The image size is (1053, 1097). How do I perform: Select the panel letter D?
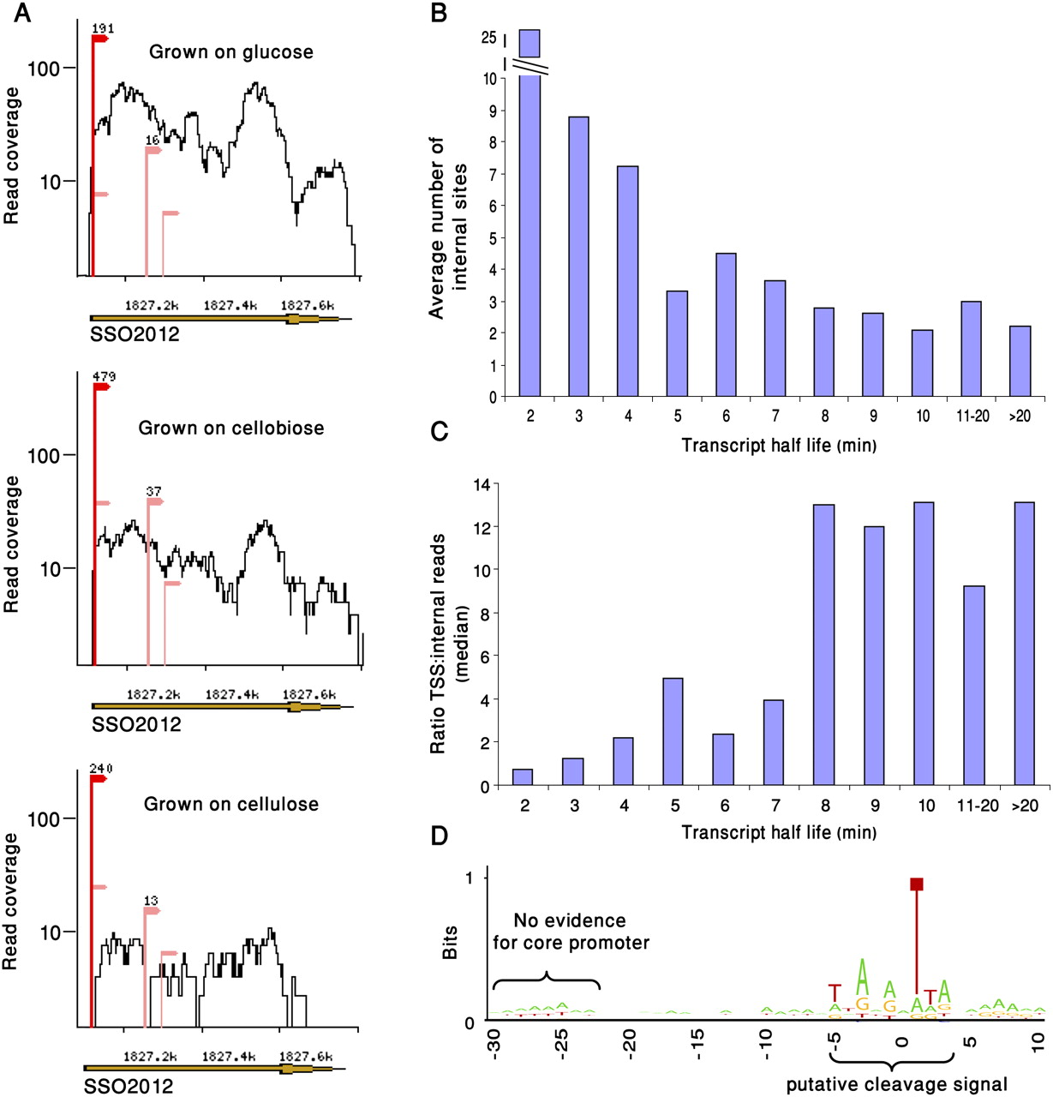pos(440,836)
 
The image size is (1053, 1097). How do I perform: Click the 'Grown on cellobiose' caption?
pos(231,428)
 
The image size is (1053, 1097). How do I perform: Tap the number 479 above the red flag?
pos(104,376)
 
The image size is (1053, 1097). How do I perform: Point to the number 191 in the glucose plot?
pos(103,28)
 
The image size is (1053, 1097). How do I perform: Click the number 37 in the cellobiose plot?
pos(153,491)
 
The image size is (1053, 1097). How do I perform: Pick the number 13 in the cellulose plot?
pos(151,901)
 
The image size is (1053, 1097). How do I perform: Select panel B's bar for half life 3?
pos(578,256)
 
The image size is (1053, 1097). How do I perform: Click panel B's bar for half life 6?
pos(726,325)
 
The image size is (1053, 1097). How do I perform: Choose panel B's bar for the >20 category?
pos(1020,361)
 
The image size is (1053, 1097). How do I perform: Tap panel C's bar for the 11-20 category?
pos(974,686)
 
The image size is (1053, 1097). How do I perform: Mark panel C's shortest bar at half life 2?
pos(523,776)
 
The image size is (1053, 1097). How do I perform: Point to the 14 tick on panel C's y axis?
pos(481,484)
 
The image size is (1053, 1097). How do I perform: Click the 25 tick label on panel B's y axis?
pos(489,38)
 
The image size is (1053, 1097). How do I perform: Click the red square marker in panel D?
pos(917,884)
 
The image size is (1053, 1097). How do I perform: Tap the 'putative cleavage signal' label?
pos(896,1084)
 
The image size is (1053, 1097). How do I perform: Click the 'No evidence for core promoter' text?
pos(571,932)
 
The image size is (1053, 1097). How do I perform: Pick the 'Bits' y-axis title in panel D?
pos(450,941)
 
